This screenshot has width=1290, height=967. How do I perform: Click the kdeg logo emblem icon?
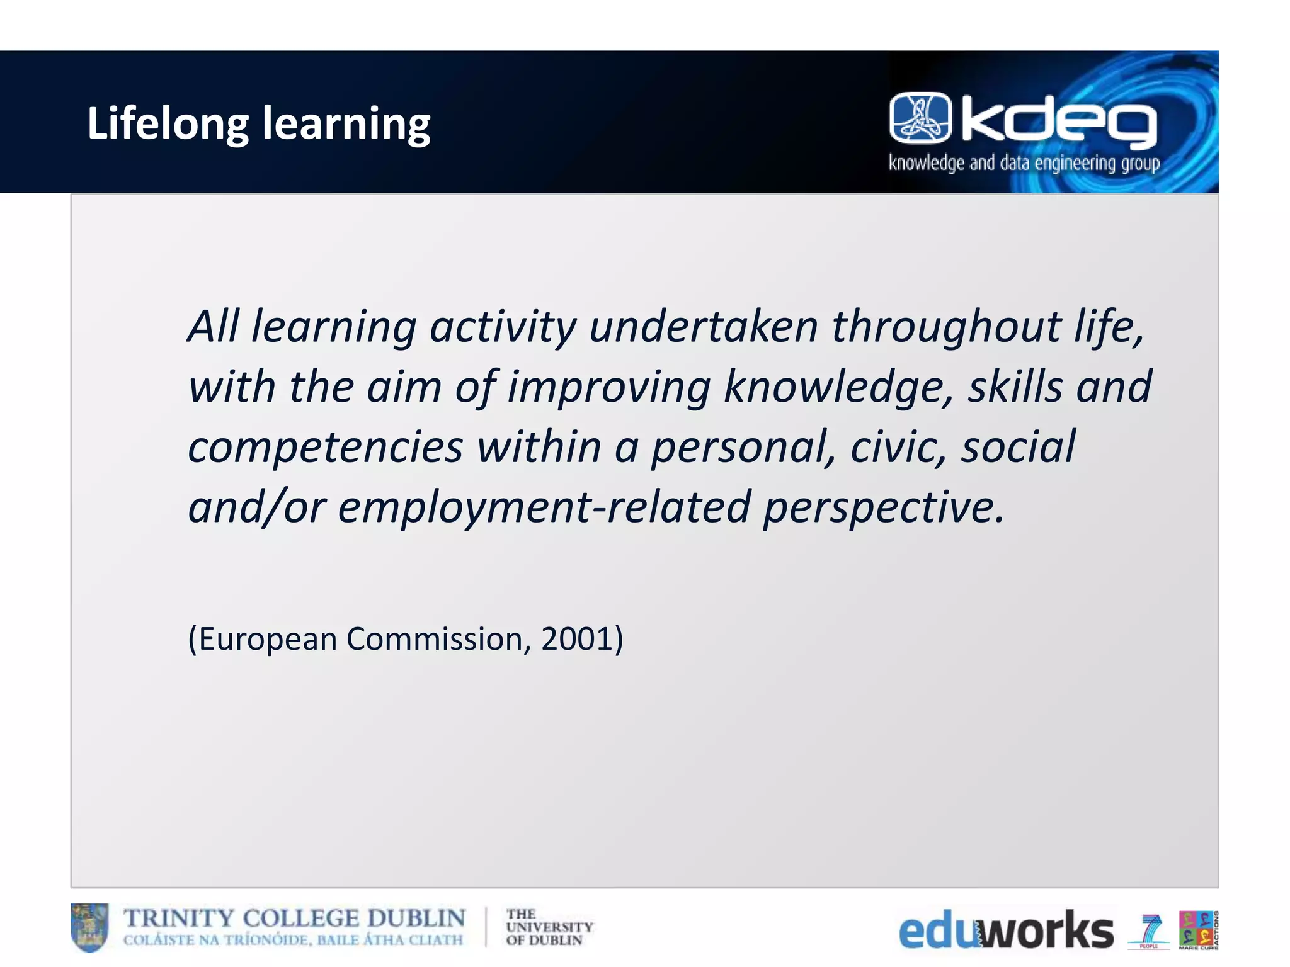click(x=920, y=117)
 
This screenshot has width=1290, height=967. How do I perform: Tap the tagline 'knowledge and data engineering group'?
click(x=1024, y=164)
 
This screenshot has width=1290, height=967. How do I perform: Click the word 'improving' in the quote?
click(x=609, y=387)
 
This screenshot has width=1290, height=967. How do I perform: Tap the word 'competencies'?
click(x=326, y=446)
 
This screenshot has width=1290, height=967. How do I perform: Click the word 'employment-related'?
click(x=544, y=507)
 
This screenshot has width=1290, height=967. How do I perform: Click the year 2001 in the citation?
click(x=576, y=638)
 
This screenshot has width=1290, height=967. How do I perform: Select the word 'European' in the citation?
click(x=268, y=638)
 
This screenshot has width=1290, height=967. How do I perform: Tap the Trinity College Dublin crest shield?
click(x=89, y=927)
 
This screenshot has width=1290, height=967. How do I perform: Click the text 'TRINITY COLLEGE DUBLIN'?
click(x=294, y=919)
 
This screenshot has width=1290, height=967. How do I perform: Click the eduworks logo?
click(x=1006, y=930)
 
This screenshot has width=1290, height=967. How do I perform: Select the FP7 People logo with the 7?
click(x=1150, y=930)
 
